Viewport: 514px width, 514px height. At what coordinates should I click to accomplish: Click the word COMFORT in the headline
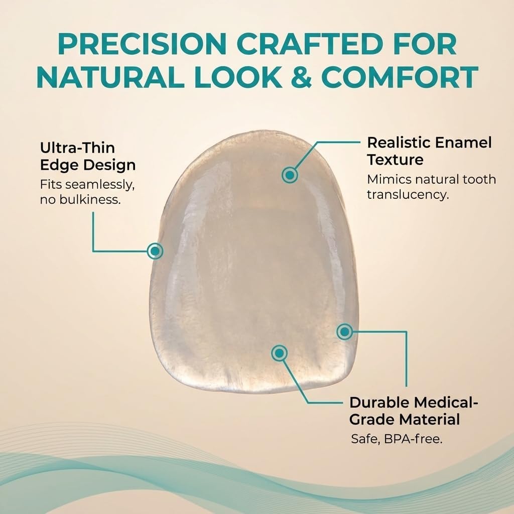pyautogui.click(x=400, y=77)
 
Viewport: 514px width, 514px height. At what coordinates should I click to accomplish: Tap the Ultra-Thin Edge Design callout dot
pyautogui.click(x=155, y=250)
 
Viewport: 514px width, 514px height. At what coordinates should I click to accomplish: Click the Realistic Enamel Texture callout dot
pyautogui.click(x=290, y=175)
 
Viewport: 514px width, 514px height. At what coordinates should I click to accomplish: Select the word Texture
pyautogui.click(x=395, y=160)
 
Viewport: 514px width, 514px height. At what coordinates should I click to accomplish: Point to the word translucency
pyautogui.click(x=407, y=194)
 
